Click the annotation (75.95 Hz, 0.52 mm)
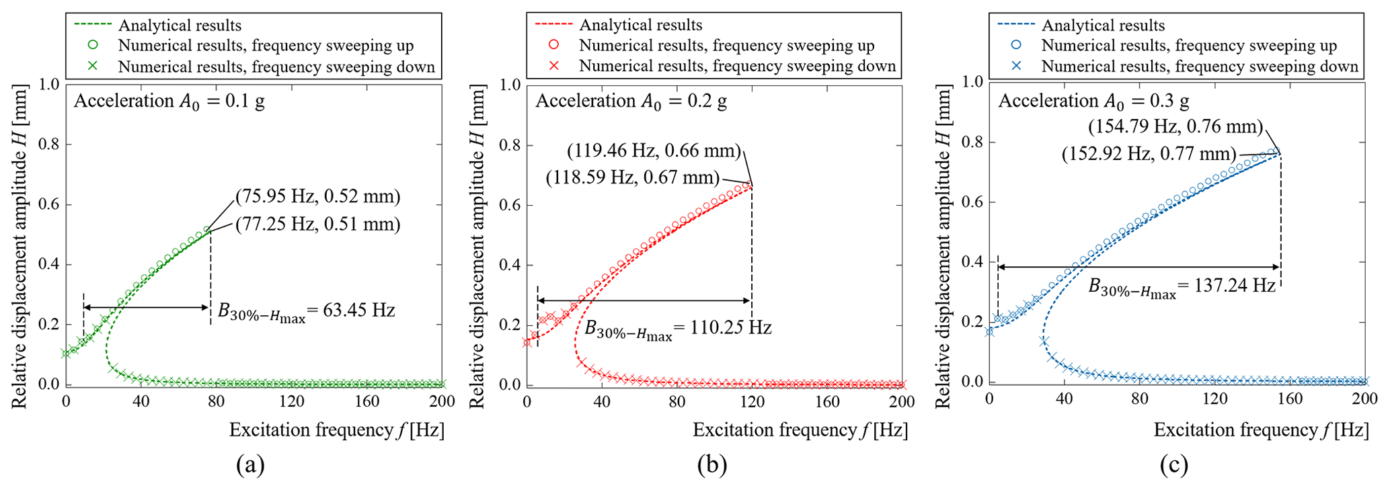pos(317,197)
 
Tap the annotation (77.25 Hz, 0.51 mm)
pos(317,224)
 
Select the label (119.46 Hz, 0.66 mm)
pos(654,151)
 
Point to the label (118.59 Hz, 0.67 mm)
pos(632,178)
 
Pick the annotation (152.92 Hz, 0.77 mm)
pos(1149,154)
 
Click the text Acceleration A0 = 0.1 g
pos(169,101)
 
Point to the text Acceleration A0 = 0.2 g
pos(631,101)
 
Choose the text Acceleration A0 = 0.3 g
pos(1093,101)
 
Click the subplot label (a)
pos(250,464)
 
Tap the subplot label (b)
pos(712,464)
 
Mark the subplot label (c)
pos(1173,464)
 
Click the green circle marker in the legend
pos(93,46)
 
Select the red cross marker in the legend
pos(553,66)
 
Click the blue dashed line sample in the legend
pos(1016,26)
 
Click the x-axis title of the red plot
pos(800,430)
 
